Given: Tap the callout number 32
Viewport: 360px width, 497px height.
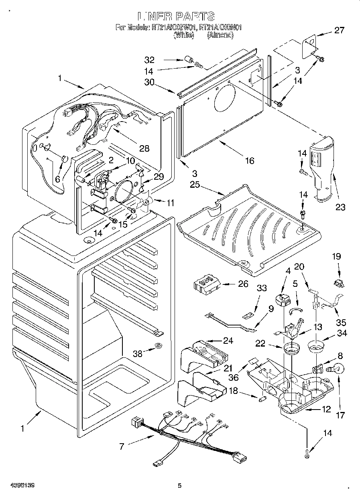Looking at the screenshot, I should (x=149, y=60).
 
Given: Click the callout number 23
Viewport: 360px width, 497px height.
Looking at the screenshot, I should (x=340, y=207).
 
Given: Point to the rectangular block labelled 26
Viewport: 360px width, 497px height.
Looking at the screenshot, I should (x=207, y=285).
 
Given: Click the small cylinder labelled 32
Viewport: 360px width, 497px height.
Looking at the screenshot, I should (x=187, y=61).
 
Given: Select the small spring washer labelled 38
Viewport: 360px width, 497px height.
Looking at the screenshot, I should (x=159, y=345).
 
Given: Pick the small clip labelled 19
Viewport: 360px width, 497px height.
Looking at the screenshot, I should (x=338, y=283).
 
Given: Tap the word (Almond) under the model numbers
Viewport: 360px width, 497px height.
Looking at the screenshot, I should (x=220, y=35).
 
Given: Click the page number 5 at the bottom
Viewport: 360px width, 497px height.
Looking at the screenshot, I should (x=179, y=486).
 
